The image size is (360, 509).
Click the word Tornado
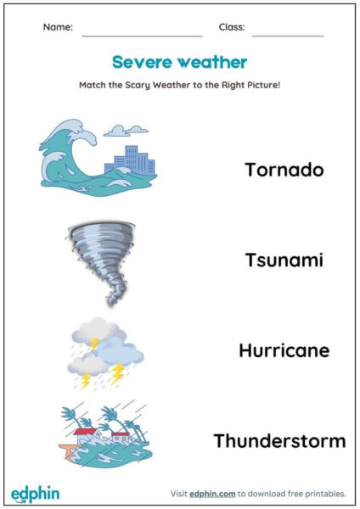tap(284, 170)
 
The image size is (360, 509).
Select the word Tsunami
tap(284, 260)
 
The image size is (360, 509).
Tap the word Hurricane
tap(284, 350)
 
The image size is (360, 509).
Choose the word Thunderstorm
tap(279, 441)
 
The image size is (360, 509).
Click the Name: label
tap(58, 27)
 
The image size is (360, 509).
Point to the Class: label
tap(232, 27)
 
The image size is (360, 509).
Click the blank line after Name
tap(142, 36)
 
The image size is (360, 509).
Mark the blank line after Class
tap(288, 36)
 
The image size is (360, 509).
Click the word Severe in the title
tap(142, 62)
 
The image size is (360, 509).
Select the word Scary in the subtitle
tap(138, 86)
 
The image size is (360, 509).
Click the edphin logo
tap(35, 495)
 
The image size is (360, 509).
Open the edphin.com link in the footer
tap(212, 494)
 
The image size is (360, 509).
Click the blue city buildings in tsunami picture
tap(130, 160)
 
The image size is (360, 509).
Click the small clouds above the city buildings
tap(126, 131)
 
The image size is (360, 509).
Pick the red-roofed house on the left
tap(86, 435)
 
